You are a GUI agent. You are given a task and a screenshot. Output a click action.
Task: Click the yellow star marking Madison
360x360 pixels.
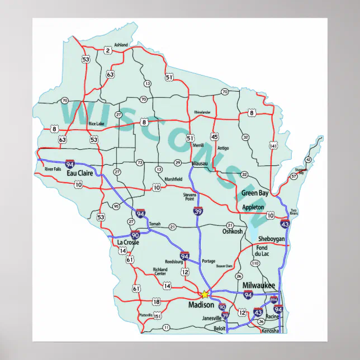coord(205,294)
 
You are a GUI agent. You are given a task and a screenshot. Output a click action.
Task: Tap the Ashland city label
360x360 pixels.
coord(121,45)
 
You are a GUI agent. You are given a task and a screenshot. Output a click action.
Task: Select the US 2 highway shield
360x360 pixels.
coord(107,51)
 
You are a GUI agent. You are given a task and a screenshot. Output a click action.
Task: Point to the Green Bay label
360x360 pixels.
coord(255,193)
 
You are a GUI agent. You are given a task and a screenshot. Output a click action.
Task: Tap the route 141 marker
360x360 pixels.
coord(273,146)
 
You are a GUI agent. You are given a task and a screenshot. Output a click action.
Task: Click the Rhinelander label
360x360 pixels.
coord(202,112)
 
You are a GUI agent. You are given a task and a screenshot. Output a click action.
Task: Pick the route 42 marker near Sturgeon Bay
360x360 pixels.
coord(308,159)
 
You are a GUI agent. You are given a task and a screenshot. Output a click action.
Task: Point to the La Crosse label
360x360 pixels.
coord(128,243)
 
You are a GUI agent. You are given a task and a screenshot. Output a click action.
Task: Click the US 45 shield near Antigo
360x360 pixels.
coord(215,136)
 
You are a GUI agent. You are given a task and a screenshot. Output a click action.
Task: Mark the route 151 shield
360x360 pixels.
coord(158,316)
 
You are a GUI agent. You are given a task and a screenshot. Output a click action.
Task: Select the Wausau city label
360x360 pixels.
coord(199,163)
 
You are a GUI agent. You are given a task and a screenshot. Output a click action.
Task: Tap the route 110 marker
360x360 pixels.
coord(255,263)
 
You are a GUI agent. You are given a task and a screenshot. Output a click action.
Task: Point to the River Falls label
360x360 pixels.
coord(53,169)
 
